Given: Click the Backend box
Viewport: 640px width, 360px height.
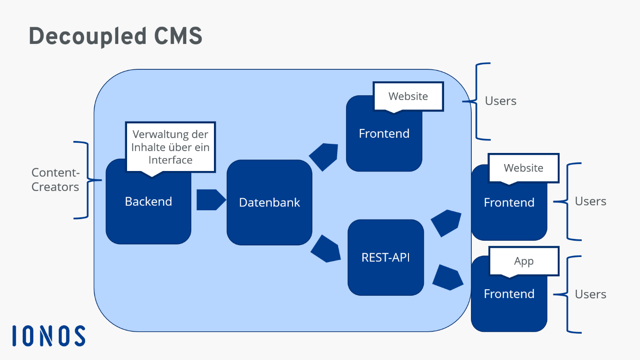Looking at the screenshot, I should [x=148, y=213].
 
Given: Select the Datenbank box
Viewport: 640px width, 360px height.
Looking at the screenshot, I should [x=269, y=202].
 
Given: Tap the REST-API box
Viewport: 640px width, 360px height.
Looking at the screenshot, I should [x=385, y=257].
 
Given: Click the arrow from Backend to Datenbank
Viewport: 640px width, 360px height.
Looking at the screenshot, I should [x=210, y=200].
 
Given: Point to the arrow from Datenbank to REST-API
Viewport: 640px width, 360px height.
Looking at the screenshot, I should [x=326, y=249].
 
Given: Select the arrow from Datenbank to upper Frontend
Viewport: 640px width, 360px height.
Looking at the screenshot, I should [x=324, y=157].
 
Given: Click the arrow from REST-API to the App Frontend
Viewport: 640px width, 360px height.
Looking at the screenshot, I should [x=447, y=277].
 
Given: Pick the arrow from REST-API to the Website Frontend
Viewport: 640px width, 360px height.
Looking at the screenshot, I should [x=446, y=223].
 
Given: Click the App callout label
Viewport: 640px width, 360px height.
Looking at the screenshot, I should [x=524, y=261].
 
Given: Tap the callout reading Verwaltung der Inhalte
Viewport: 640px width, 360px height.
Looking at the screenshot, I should [x=170, y=147].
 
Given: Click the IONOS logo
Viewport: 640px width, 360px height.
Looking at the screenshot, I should [x=49, y=336].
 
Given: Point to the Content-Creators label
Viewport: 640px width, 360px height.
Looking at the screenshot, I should [x=55, y=180].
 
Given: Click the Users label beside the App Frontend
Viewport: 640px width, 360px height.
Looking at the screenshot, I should [x=590, y=294].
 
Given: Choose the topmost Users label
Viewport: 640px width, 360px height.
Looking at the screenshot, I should [x=500, y=101].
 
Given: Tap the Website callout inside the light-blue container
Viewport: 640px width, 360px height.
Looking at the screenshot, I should [x=408, y=96].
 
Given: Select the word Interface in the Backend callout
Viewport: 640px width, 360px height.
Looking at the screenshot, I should [x=170, y=160].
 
